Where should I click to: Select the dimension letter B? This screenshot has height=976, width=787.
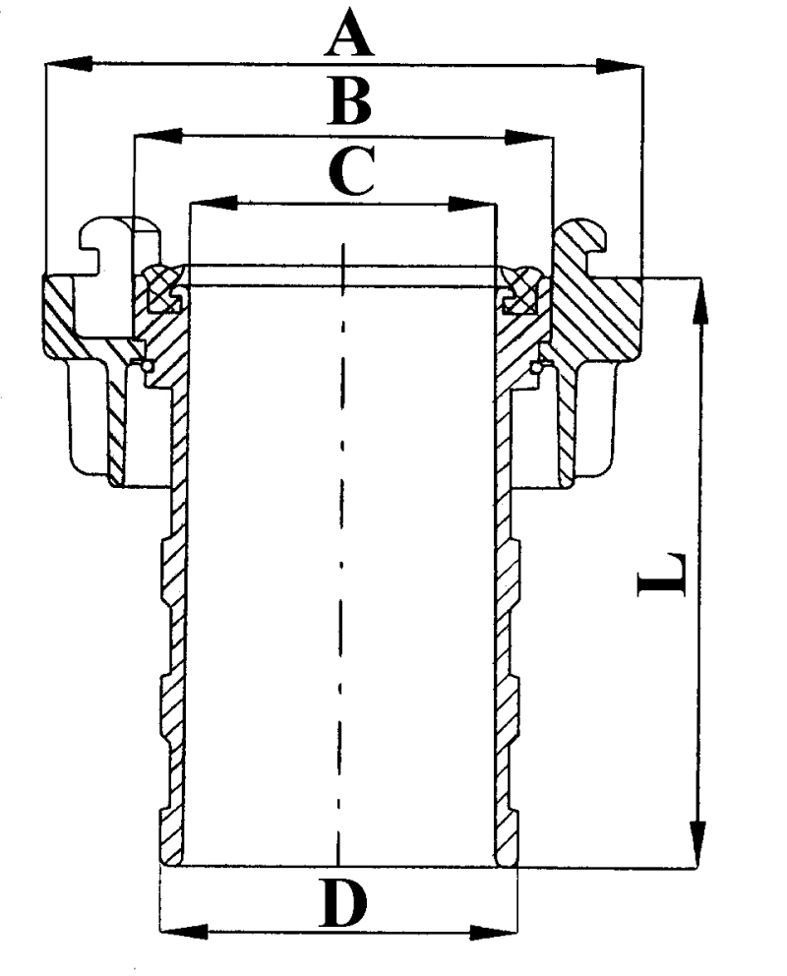pyautogui.click(x=349, y=102)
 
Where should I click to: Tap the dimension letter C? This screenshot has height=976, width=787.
pyautogui.click(x=351, y=170)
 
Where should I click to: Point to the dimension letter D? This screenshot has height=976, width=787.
pyautogui.click(x=342, y=901)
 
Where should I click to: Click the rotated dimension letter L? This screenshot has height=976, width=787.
pyautogui.click(x=662, y=574)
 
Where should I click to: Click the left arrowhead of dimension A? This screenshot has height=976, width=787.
pyautogui.click(x=69, y=63)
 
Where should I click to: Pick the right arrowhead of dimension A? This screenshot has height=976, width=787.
pyautogui.click(x=619, y=65)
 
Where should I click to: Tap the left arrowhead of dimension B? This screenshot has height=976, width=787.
pyautogui.click(x=158, y=136)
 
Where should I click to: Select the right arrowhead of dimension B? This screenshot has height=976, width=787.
pyautogui.click(x=529, y=138)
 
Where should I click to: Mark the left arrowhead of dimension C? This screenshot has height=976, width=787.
pyautogui.click(x=213, y=203)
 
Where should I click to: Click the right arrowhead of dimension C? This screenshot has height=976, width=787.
pyautogui.click(x=471, y=204)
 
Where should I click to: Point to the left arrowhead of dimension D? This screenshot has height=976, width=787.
pyautogui.click(x=184, y=932)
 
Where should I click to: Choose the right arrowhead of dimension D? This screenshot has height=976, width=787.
pyautogui.click(x=493, y=933)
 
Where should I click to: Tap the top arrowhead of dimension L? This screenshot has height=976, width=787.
pyautogui.click(x=699, y=301)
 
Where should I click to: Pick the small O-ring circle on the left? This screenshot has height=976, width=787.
pyautogui.click(x=147, y=366)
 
